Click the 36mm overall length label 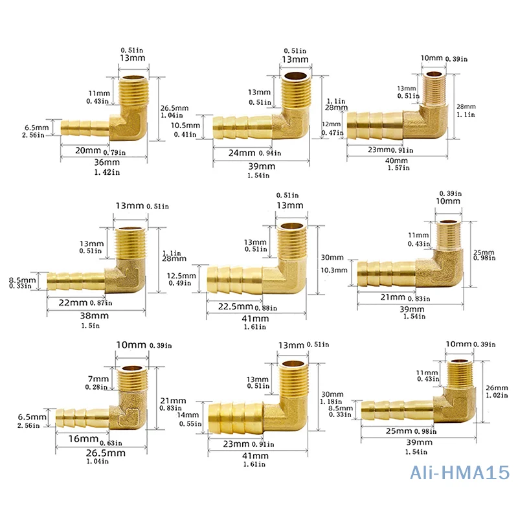point(104,162)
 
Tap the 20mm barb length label point(83,151)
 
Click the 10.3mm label point(337,271)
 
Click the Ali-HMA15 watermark point(460,474)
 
